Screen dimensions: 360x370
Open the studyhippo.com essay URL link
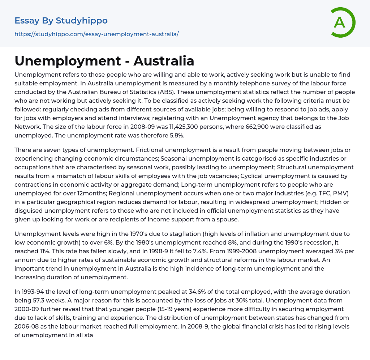click(96, 34)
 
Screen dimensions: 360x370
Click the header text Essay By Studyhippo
click(61, 21)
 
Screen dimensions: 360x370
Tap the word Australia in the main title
click(164, 61)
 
